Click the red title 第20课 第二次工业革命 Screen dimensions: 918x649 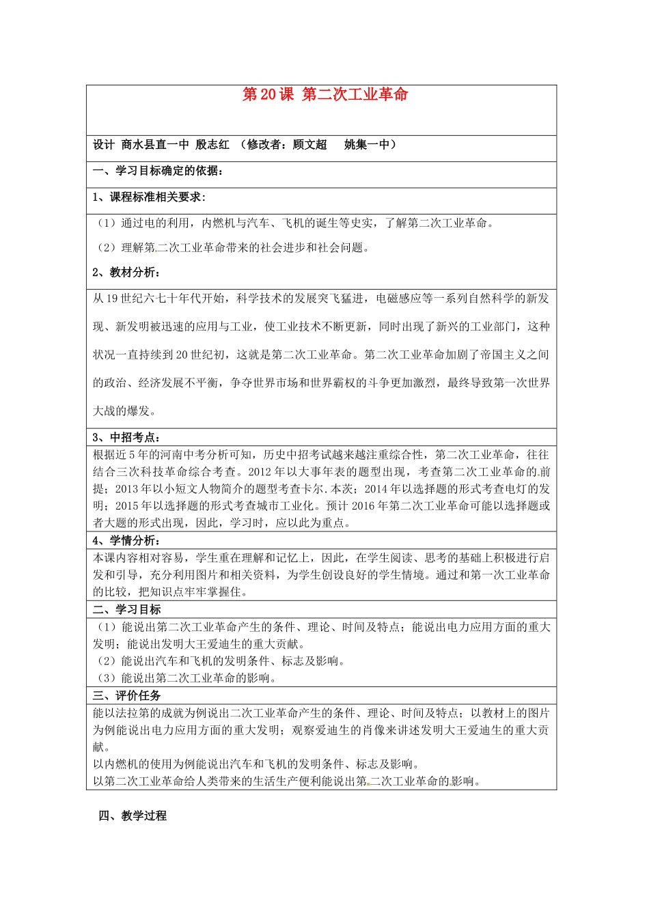pos(324,95)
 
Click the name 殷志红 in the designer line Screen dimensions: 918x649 pos(212,145)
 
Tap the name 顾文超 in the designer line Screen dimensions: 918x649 pos(309,145)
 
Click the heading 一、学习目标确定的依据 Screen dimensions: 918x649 pos(157,171)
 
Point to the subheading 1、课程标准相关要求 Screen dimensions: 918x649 pos(148,197)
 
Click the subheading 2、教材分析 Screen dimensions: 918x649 pos(126,273)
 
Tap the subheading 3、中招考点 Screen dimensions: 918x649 pos(126,437)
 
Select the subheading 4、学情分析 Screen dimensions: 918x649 pos(126,540)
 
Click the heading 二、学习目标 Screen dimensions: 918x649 pos(127,609)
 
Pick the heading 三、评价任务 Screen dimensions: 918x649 pos(127,695)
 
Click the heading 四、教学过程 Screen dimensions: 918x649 pos(133,816)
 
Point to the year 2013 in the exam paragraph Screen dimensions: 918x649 pos(126,489)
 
